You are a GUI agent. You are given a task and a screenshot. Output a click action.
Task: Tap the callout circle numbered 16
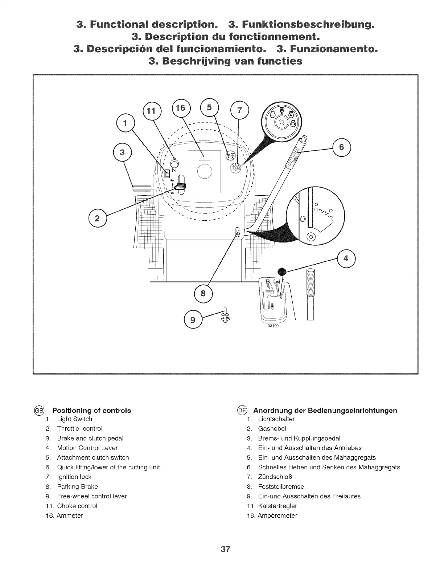(180, 107)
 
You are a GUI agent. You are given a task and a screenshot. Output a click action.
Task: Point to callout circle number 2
(97, 219)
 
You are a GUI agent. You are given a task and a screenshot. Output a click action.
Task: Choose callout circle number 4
(346, 258)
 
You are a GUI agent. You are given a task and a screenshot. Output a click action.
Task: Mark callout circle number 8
(203, 293)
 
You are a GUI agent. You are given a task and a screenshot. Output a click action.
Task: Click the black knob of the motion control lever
(282, 272)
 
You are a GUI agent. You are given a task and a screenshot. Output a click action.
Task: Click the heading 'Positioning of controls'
(92, 411)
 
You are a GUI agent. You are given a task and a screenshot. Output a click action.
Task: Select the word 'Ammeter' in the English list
(70, 515)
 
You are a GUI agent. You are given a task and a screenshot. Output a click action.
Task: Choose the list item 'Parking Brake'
(77, 486)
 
